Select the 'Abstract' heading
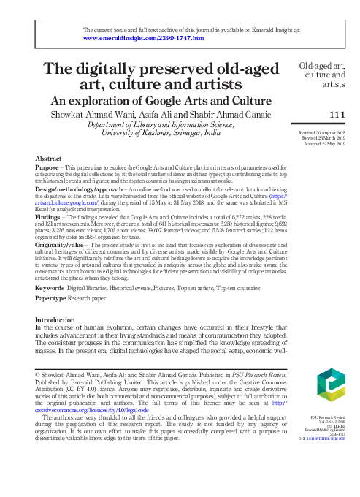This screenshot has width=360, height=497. coord(48,159)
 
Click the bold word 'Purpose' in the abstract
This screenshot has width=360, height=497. coord(48,167)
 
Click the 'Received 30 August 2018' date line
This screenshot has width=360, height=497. coord(321,132)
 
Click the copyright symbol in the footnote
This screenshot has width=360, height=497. coord(38,373)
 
